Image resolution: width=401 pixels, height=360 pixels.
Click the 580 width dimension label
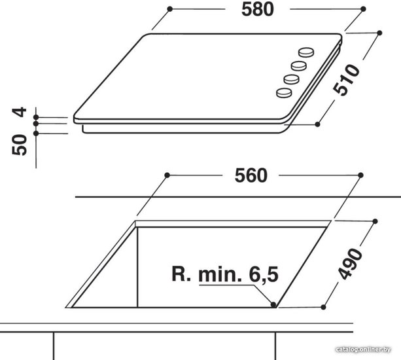click(x=258, y=10)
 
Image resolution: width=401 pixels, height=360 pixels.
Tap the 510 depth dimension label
click(x=346, y=80)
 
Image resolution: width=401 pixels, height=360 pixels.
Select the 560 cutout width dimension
click(x=251, y=175)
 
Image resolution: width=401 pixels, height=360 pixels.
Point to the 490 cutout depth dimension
click(x=350, y=264)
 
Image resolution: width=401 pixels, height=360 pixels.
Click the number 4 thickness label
click(x=19, y=112)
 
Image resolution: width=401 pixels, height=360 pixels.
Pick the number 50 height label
click(x=19, y=145)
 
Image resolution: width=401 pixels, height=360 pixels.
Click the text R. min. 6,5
click(x=225, y=274)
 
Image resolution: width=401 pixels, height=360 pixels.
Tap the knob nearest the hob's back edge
click(x=306, y=52)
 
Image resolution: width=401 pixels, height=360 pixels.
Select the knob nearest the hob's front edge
click(x=284, y=93)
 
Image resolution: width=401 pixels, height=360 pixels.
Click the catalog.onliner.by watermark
click(x=363, y=350)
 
